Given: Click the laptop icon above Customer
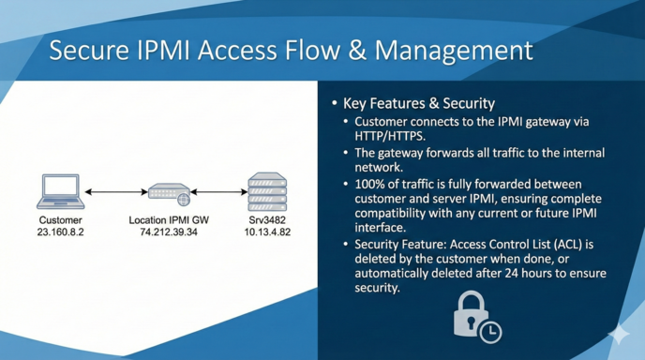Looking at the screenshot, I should [x=61, y=192].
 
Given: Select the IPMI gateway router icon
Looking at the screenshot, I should [x=169, y=192].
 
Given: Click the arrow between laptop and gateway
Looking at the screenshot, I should [x=115, y=193].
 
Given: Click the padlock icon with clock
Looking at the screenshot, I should [x=476, y=316].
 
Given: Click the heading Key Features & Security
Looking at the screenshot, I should [x=418, y=103].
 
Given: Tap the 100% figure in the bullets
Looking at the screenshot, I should [x=372, y=183].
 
